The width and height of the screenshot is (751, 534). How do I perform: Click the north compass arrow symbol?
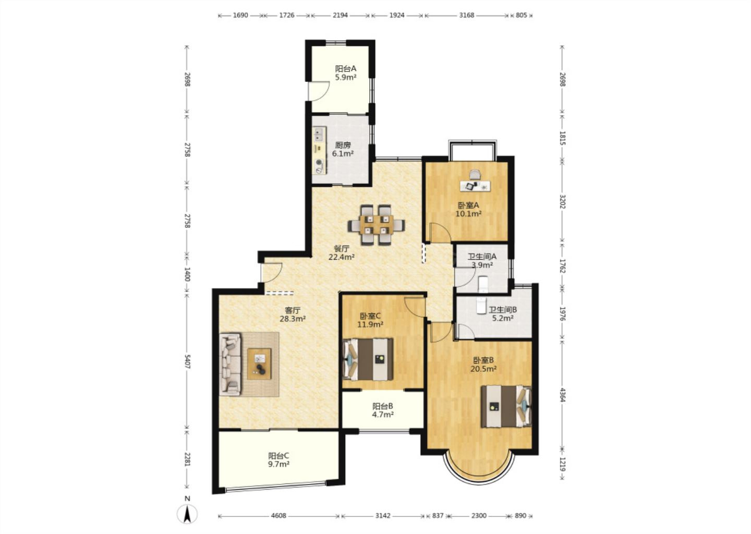pos(187,514)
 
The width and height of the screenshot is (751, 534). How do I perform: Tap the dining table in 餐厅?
pos(376,225)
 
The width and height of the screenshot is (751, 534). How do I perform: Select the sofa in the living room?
pos(231,364)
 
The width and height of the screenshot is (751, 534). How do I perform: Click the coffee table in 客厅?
pos(259,364)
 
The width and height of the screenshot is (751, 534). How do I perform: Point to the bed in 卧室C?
pos(368,359)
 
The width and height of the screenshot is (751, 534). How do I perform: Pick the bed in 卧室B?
pos(506,406)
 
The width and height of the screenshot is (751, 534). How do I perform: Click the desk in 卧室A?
pos(475,186)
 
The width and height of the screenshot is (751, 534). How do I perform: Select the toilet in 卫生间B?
pos(481,306)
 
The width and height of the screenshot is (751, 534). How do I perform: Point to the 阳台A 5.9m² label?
pos(346,73)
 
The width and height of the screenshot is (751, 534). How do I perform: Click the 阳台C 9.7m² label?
pos(278,460)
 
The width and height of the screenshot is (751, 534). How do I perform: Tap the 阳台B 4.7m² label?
pos(383,410)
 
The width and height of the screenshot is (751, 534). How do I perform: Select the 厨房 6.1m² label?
pos(343,150)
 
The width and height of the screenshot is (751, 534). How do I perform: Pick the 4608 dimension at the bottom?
pos(278,516)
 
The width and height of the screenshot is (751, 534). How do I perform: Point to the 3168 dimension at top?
pos(467,15)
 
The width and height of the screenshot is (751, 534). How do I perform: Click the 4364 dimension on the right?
pos(562,394)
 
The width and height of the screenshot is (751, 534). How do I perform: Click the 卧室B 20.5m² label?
pos(483,365)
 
